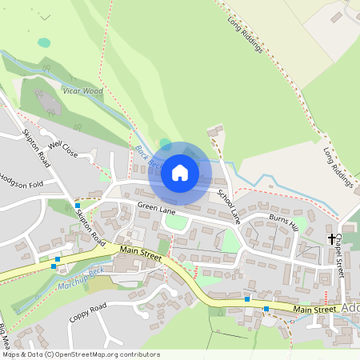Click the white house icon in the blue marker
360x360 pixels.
(180, 172)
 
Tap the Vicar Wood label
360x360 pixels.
(82, 92)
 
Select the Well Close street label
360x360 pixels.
(63, 149)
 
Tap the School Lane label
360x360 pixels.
(229, 206)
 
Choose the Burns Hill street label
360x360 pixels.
(283, 223)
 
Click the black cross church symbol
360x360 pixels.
(331, 239)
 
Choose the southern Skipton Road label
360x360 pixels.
(90, 227)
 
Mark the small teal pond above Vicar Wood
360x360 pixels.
(43, 42)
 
